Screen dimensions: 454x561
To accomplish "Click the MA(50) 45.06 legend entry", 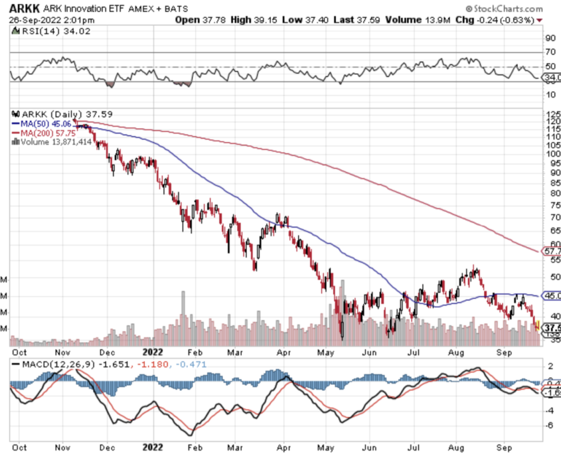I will pyautogui.click(x=40, y=122).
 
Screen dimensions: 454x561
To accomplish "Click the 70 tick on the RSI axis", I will pyautogui.click(x=550, y=52).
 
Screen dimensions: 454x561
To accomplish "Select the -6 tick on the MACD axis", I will pyautogui.click(x=550, y=425).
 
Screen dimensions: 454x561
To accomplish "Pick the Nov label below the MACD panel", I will pyautogui.click(x=62, y=447).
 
